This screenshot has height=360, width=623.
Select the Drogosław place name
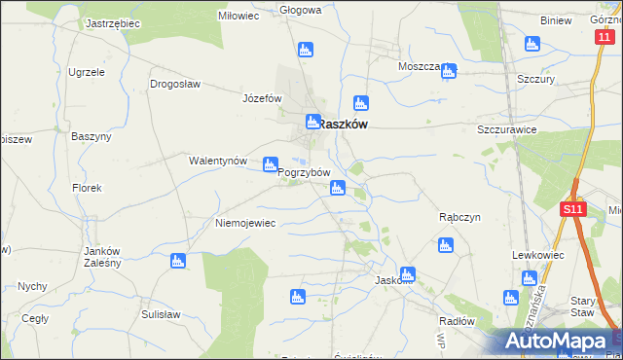[x=175, y=84]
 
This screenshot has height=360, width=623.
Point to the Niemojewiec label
[x=245, y=223]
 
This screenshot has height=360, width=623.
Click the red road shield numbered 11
[x=605, y=36]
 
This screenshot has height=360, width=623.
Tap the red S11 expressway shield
[x=572, y=208]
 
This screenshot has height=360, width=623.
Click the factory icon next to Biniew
[x=531, y=44]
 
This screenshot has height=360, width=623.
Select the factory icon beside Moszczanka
[x=448, y=71]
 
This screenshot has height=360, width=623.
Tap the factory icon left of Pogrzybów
[x=270, y=166]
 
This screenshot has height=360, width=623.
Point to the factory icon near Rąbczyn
[x=446, y=245]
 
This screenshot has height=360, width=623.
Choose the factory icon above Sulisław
[x=177, y=261]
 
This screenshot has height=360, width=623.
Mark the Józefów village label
[x=262, y=98]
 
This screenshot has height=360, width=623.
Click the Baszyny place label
[x=92, y=136]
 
